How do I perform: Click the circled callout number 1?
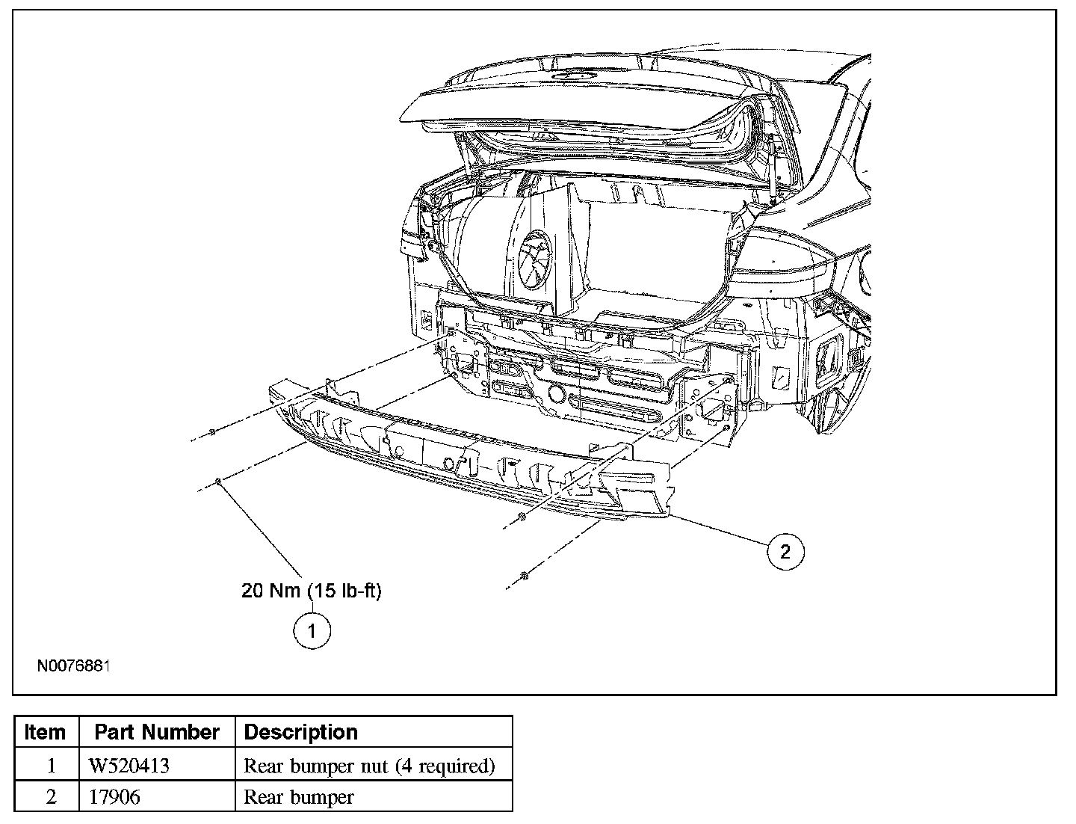tap(311, 630)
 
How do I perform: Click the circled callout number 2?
tap(785, 552)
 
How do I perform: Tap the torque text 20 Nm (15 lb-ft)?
tap(311, 591)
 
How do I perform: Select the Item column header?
tap(46, 732)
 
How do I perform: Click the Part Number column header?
tap(157, 732)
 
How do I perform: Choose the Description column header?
tap(301, 732)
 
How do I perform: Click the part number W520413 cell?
tap(129, 766)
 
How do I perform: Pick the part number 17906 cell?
tap(114, 797)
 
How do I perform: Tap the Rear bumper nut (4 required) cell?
tap(369, 766)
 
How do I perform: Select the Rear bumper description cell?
tap(299, 797)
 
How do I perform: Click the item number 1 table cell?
tap(51, 766)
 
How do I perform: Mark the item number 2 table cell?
tap(51, 797)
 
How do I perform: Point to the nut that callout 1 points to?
tap(217, 482)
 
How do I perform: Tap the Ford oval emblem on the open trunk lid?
tap(573, 76)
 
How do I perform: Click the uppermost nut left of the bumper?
tap(213, 431)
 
